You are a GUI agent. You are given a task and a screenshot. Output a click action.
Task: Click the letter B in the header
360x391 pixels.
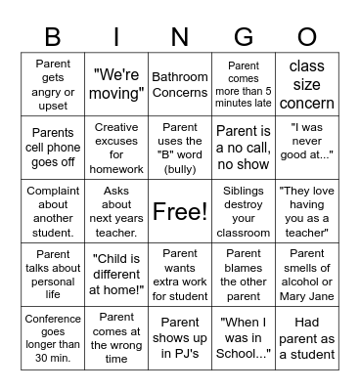pos(53,37)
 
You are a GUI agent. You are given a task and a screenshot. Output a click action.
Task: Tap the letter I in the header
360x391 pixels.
pos(116,37)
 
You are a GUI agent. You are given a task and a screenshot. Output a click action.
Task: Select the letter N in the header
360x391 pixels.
pos(180,37)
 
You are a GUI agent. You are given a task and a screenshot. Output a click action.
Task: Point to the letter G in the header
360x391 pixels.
pos(243,37)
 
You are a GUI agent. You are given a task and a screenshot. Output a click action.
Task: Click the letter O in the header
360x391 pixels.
pos(306,37)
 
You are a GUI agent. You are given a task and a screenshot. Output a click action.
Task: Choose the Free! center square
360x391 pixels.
pos(180,211)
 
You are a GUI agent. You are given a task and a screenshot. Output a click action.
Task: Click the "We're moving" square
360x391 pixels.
pos(116,85)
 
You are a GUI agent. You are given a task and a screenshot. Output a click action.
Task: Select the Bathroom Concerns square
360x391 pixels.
pos(180,85)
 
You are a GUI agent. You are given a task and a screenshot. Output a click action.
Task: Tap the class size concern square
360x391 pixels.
pos(306,85)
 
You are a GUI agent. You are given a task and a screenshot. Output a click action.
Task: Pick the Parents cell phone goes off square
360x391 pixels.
pos(53,148)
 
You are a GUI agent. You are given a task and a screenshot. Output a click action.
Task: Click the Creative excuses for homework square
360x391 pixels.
pos(116,148)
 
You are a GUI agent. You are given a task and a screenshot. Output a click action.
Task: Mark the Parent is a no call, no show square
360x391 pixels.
pos(243,148)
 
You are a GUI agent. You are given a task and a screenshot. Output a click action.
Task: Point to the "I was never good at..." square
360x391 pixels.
pos(306,148)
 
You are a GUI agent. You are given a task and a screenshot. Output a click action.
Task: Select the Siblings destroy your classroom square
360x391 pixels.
pos(243,211)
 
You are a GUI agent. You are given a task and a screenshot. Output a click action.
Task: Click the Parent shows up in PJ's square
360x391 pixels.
pos(180,337)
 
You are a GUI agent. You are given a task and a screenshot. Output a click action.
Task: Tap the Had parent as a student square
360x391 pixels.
pos(306,337)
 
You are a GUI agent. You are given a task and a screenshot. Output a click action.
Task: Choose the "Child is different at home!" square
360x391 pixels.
pos(116,274)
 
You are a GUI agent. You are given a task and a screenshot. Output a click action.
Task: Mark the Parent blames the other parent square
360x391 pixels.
pos(243,274)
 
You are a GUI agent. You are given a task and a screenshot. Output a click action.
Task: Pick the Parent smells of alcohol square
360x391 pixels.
pos(306,274)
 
